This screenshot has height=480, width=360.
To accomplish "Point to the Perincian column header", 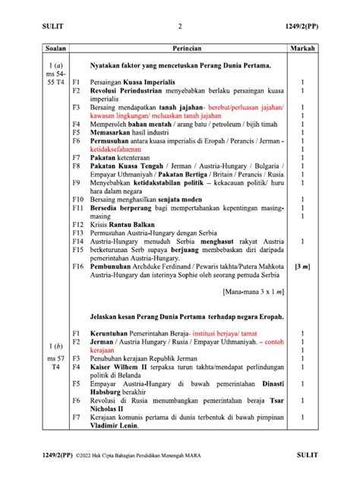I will coord(179,48).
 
